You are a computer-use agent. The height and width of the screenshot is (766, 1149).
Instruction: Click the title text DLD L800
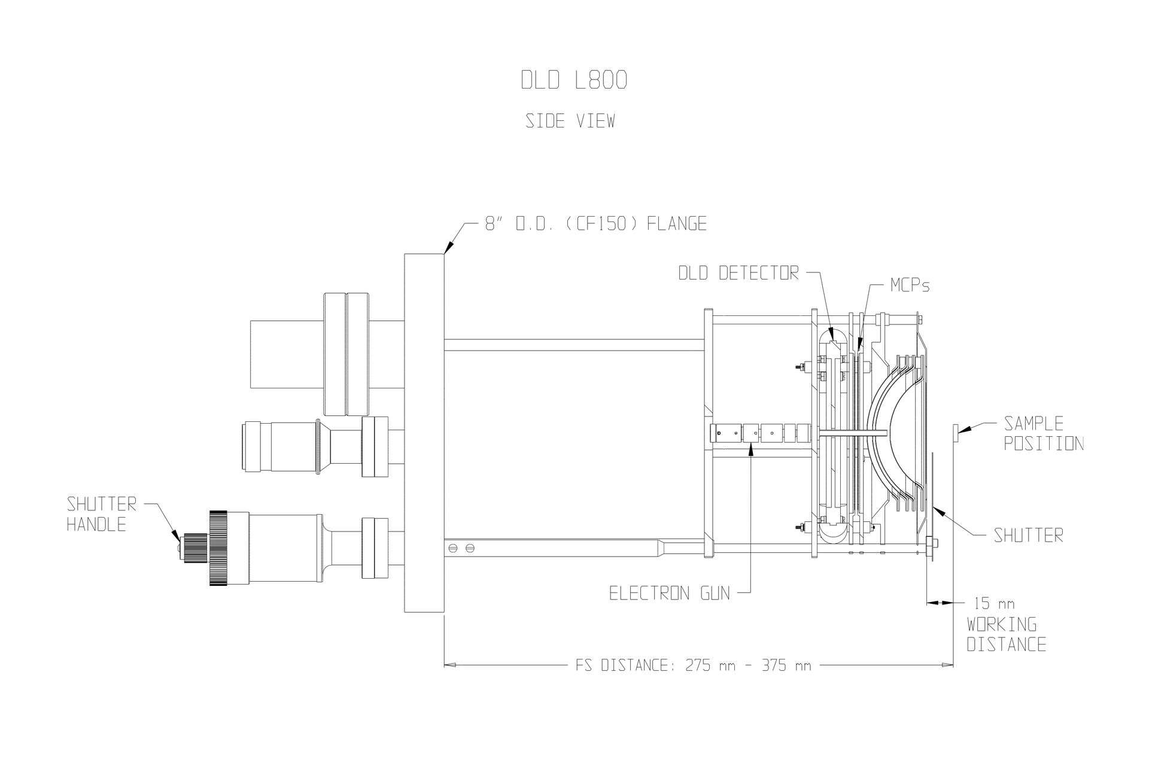pos(573,80)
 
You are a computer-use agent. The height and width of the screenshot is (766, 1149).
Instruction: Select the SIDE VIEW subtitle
pos(570,121)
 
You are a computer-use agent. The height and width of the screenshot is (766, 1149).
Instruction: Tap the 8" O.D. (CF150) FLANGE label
pos(595,224)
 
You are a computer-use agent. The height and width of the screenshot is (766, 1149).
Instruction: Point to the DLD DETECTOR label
pos(738,273)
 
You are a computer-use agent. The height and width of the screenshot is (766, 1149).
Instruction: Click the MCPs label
pos(910,285)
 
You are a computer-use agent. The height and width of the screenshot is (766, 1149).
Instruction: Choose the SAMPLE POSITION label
pos(1043,433)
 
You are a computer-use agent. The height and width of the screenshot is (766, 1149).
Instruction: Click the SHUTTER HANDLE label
pos(101,514)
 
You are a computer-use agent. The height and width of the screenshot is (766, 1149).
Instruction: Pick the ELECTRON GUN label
pos(670,593)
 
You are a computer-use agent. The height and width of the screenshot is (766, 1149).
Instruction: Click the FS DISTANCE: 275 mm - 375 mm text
pos(689,665)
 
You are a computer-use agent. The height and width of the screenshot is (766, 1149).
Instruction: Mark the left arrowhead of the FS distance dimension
pos(449,664)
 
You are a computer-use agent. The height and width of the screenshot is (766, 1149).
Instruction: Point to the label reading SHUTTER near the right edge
pos(1028,535)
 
